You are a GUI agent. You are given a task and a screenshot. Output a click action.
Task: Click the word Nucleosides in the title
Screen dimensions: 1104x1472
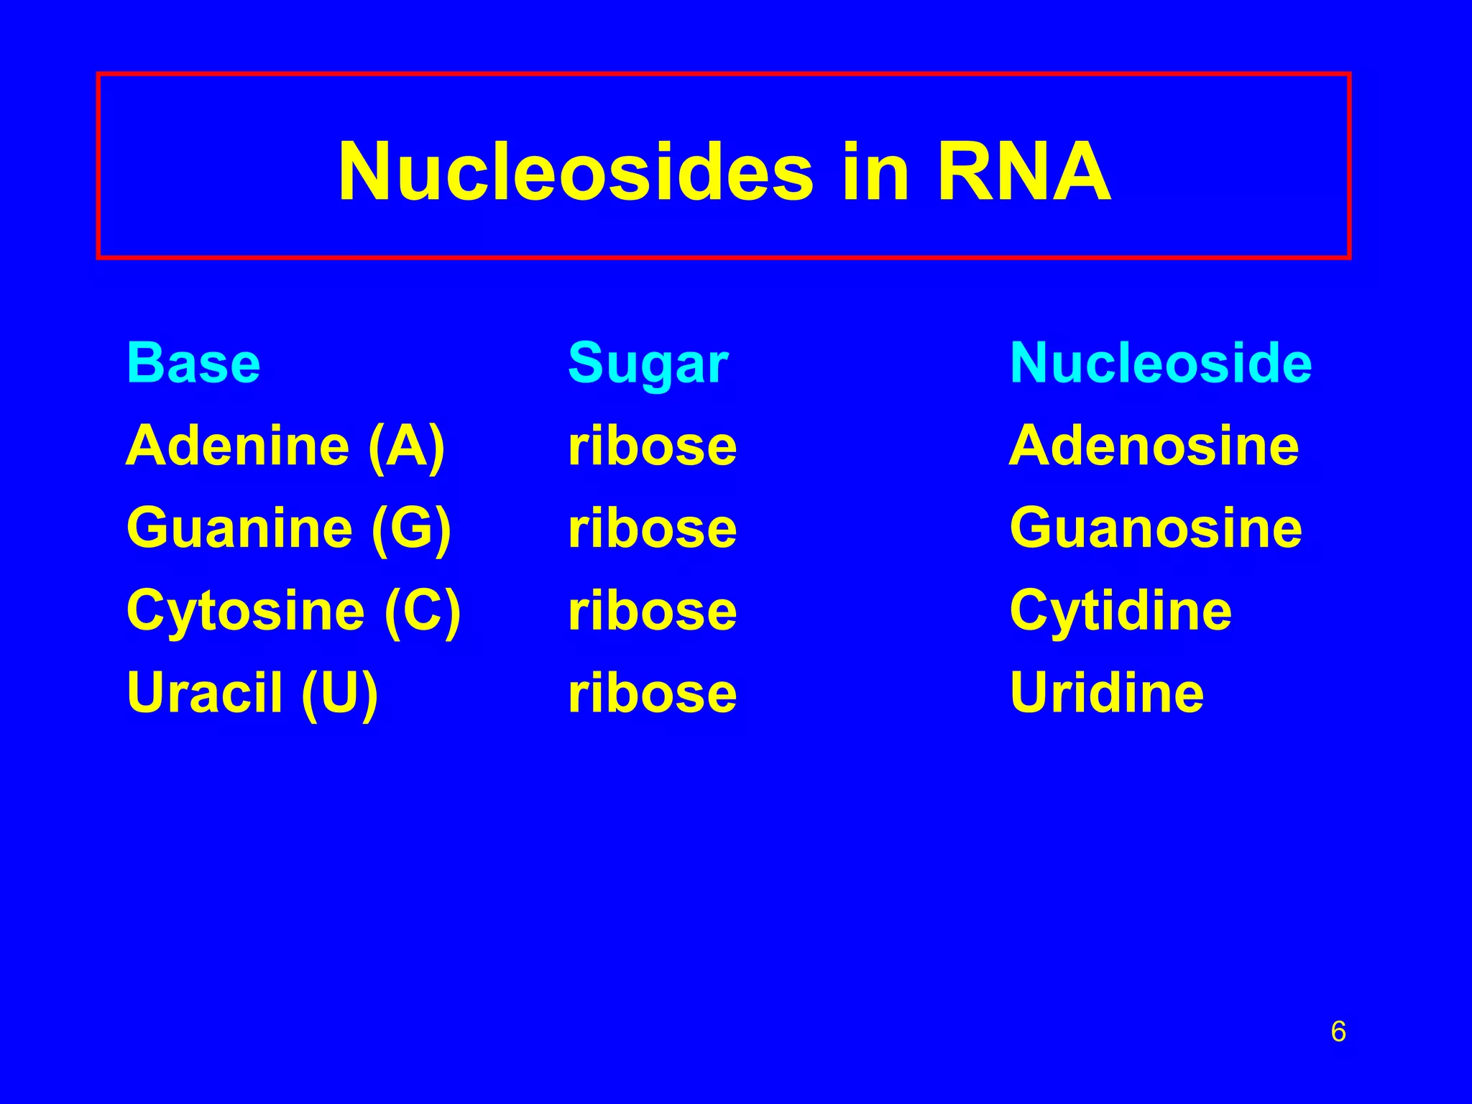(x=575, y=172)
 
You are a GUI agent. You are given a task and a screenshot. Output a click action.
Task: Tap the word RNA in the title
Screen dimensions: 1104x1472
(x=1023, y=172)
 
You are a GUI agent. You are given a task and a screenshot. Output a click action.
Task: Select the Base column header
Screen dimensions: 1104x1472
(x=193, y=363)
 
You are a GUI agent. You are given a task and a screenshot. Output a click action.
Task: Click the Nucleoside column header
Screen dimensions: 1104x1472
(x=1160, y=363)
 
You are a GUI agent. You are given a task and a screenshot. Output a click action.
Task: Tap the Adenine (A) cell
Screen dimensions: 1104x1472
(x=285, y=446)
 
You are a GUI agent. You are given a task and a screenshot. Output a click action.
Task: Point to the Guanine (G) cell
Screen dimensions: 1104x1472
(x=288, y=528)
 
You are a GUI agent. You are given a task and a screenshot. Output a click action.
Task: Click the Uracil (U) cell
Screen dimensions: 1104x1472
(x=252, y=693)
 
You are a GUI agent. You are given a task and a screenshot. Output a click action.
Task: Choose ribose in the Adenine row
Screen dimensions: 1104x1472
(x=652, y=446)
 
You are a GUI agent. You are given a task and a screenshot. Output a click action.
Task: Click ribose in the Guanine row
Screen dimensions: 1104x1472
(x=652, y=528)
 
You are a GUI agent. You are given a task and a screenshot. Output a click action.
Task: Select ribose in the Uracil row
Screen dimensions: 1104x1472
(x=652, y=693)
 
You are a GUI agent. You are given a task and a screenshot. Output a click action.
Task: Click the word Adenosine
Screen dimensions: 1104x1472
(x=1154, y=446)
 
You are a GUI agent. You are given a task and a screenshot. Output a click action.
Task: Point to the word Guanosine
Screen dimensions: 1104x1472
(x=1155, y=528)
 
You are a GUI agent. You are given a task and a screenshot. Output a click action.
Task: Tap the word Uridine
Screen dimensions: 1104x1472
(x=1106, y=693)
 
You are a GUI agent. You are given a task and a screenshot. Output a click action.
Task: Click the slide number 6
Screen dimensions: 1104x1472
(x=1338, y=1031)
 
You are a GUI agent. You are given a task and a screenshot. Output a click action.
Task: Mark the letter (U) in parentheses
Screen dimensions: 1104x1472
(x=339, y=693)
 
